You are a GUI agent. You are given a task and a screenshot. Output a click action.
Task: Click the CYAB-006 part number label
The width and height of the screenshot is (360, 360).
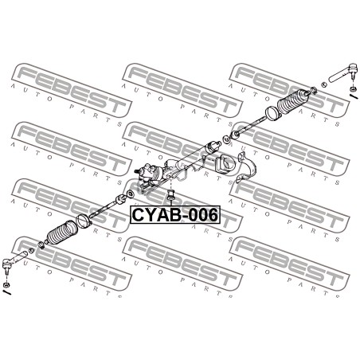[x=175, y=215]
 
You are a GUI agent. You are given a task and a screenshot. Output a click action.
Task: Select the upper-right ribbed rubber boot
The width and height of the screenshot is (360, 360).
[x=293, y=102]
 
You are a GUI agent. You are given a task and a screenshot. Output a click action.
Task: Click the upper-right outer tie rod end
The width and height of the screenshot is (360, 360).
[x=343, y=72]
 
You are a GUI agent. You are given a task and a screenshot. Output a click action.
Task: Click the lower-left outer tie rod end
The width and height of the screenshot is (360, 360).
[x=14, y=260]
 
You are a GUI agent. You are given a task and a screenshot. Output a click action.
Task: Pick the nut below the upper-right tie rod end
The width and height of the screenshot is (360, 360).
[x=353, y=88]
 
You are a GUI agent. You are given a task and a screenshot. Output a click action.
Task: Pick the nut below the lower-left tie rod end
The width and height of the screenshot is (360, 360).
[x=5, y=285]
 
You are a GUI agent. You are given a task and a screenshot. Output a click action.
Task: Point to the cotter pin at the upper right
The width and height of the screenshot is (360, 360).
[x=354, y=96]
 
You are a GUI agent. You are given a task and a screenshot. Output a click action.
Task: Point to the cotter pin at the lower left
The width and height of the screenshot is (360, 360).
[x=6, y=292]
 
